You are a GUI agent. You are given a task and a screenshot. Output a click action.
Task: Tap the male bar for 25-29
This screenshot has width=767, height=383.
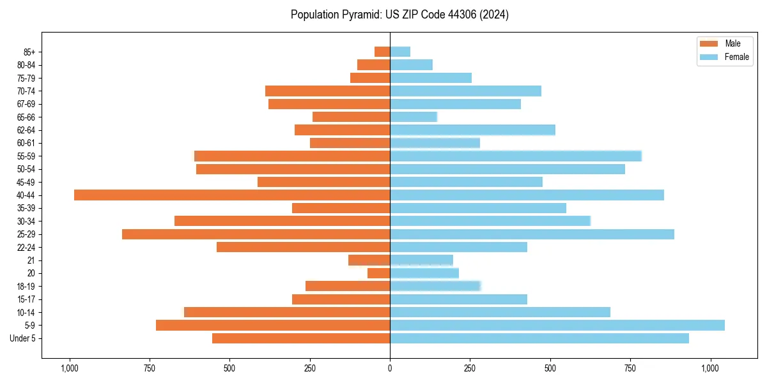coord(256,234)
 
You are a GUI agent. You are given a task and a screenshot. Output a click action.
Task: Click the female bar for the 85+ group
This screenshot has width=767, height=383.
coord(400,52)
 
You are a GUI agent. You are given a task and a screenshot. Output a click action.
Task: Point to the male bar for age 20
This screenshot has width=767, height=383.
coord(378,273)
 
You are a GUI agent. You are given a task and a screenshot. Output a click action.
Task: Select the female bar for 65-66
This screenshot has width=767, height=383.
coord(414,117)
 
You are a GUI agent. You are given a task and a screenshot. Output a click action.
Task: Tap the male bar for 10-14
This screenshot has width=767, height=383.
coord(287,312)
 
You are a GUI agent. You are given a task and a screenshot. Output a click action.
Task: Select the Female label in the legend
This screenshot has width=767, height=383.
coord(736,57)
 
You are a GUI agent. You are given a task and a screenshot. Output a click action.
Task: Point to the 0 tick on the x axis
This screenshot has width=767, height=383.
coord(390,368)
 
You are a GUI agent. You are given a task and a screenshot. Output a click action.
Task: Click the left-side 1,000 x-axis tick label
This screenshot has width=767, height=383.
coord(69,368)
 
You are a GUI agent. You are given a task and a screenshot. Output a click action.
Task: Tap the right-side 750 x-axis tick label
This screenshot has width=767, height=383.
coord(630,368)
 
